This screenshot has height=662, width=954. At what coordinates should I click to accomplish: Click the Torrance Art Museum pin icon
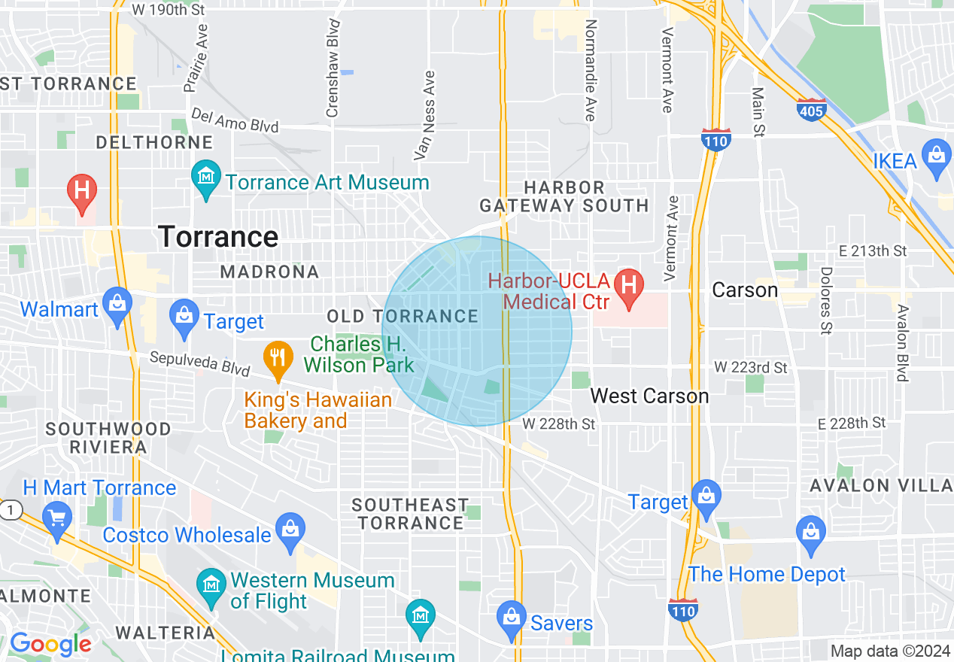pos(206,178)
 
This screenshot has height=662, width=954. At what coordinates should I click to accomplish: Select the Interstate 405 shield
pos(812,110)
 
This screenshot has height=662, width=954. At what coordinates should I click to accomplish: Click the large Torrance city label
pos(218,237)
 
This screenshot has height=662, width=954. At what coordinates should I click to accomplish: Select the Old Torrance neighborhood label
pos(403,317)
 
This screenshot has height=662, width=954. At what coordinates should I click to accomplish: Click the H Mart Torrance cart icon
pos(58,518)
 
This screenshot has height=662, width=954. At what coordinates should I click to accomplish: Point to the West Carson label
pos(649,396)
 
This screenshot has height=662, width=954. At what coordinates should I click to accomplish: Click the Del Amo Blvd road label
pos(235,120)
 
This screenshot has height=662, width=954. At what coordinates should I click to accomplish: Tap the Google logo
pos(50,644)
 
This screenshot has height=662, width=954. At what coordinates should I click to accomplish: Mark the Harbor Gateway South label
pos(564,196)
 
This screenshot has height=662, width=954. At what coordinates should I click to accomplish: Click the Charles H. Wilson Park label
pos(359,355)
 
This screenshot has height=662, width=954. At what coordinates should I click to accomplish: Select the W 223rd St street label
pos(750,368)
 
